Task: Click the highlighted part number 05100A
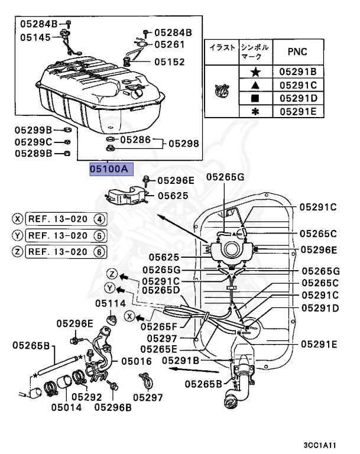pyautogui.click(x=109, y=168)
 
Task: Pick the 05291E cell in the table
pyautogui.click(x=301, y=111)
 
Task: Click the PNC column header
pyautogui.click(x=297, y=51)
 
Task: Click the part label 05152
pyautogui.click(x=170, y=61)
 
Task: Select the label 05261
pyautogui.click(x=170, y=44)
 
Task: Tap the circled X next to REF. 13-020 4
pyautogui.click(x=18, y=219)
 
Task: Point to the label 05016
pyautogui.click(x=136, y=360)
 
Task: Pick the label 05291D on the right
pyautogui.click(x=319, y=308)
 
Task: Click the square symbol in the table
pyautogui.click(x=255, y=98)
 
